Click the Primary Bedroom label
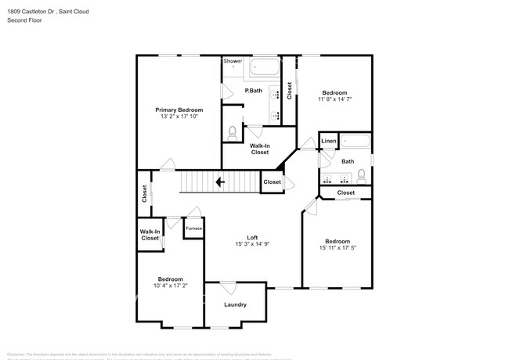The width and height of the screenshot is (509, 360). click(x=179, y=110)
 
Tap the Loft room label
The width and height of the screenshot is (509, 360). click(x=252, y=237)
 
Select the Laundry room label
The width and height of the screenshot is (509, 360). click(x=236, y=304)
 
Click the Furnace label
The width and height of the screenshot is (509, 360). click(x=193, y=229)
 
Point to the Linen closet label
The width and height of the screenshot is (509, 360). click(x=329, y=142)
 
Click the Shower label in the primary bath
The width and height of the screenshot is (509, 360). click(x=233, y=61)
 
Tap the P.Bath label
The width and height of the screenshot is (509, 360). click(x=253, y=91)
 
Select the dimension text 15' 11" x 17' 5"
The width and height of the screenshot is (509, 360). click(x=338, y=248)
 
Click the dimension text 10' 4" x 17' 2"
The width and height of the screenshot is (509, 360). click(x=171, y=286)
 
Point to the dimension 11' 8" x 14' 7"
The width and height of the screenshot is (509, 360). click(x=334, y=99)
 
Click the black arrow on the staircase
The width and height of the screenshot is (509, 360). click(x=221, y=182)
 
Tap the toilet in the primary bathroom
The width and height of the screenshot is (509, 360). click(x=231, y=134)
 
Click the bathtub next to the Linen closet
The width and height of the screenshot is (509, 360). click(x=356, y=143)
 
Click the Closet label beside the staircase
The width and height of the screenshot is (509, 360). click(x=272, y=182)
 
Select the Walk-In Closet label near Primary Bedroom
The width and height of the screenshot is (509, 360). click(x=260, y=149)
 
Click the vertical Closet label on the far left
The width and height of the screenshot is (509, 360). click(x=144, y=193)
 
